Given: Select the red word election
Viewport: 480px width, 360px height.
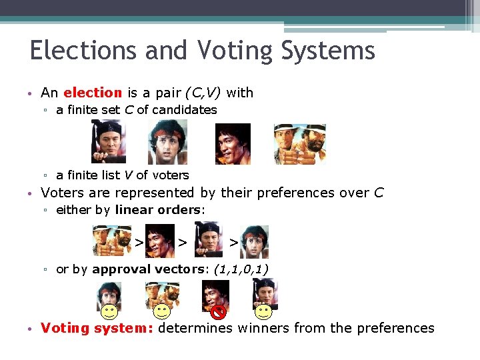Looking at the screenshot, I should [93, 93].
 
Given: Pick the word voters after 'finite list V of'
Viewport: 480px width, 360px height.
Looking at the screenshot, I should [171, 175].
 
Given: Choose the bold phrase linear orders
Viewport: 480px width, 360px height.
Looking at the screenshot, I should [157, 210].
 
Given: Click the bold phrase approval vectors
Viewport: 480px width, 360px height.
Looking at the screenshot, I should [151, 269].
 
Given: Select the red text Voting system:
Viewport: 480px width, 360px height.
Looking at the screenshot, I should [97, 328].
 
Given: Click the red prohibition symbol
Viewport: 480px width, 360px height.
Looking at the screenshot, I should [218, 311].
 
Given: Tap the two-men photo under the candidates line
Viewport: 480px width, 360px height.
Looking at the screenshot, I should [299, 144].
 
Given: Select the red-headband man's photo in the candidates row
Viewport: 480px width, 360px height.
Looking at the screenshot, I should [167, 142].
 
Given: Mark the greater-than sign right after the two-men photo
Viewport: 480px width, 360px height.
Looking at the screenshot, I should [139, 242].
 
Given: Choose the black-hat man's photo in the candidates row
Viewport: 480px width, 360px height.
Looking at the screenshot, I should [108, 142].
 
